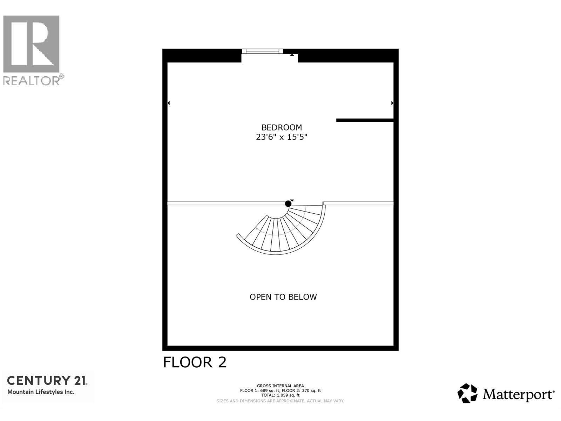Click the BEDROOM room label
point(282,127)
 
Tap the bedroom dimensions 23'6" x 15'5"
point(282,137)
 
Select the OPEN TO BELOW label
point(283,297)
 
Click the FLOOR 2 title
point(195,362)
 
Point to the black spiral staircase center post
point(288,203)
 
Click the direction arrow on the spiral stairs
point(257,229)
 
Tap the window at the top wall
point(262,51)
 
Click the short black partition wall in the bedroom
point(365,120)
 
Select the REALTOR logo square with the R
point(31,44)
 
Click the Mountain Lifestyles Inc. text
point(41,392)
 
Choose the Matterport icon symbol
point(467,393)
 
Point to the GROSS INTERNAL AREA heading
point(280,386)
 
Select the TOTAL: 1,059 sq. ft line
point(280,395)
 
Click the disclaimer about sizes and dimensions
point(280,401)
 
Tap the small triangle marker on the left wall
point(169,103)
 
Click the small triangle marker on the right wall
point(392,103)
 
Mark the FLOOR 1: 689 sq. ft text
point(260,390)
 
